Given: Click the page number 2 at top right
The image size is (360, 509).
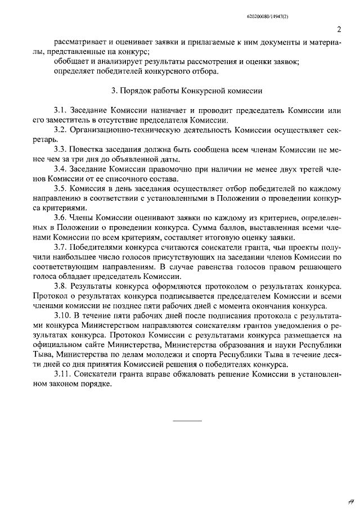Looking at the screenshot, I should [339, 29].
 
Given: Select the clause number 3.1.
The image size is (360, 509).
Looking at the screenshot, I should [60, 110].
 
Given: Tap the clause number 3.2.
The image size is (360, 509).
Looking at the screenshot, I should [60, 130].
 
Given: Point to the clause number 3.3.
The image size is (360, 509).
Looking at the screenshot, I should [60, 150].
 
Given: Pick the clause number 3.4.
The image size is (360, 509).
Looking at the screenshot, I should [60, 169].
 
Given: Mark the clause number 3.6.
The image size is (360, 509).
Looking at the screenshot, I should [60, 218].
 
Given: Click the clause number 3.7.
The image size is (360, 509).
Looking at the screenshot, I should [60, 247].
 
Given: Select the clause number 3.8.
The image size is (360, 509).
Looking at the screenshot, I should [60, 287].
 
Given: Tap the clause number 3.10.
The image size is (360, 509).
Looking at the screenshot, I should [62, 316].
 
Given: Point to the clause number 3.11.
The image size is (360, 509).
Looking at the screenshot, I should [62, 375].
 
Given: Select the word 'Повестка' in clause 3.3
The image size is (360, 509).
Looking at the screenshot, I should [88, 150].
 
